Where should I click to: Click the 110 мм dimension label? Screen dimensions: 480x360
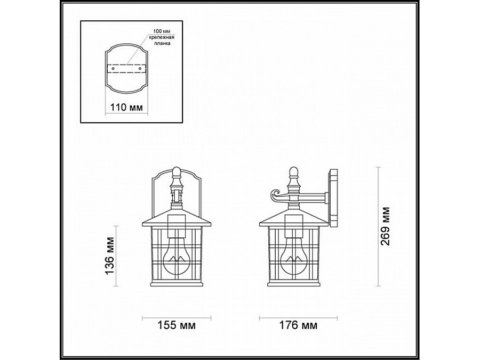[126, 107]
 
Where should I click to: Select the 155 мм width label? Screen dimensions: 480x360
[177, 325]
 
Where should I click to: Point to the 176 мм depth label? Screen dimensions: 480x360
[298, 325]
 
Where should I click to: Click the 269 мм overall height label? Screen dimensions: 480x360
[385, 226]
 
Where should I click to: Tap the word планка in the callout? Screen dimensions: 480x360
[162, 44]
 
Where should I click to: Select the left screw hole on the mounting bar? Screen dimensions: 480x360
[113, 69]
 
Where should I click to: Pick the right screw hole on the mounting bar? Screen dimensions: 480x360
[140, 69]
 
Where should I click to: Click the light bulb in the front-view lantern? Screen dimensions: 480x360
[177, 257]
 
